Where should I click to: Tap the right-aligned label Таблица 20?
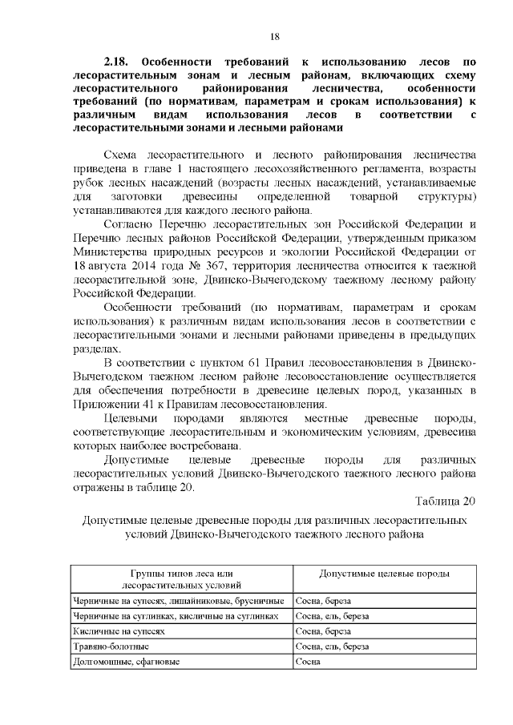[446, 501]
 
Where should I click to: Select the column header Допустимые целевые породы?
[384, 574]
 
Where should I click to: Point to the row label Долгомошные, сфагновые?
[126, 662]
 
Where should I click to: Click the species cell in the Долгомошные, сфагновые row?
[308, 662]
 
